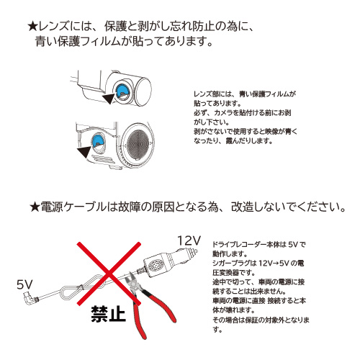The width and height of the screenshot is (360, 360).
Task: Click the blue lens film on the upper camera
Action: (x=122, y=90)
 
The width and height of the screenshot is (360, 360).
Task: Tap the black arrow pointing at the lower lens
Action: (x=88, y=149)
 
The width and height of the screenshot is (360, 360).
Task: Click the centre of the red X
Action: (x=106, y=280)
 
